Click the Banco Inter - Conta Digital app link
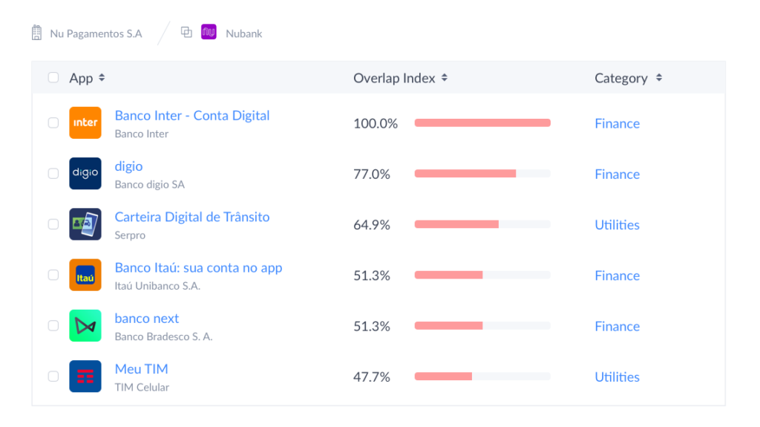[191, 116]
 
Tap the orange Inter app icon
[85, 123]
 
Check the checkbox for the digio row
[53, 173]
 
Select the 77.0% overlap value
[372, 174]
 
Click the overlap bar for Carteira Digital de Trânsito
[482, 224]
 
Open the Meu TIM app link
[141, 369]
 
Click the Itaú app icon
[85, 275]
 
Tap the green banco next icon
[85, 325]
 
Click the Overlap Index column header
[394, 78]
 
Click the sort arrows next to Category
[659, 78]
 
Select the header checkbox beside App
[53, 78]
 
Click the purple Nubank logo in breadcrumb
[209, 33]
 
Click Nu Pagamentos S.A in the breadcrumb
[96, 33]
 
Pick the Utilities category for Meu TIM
[617, 377]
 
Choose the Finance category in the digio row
[617, 174]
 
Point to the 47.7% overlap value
[372, 377]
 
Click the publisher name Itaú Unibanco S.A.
[157, 286]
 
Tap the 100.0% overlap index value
[375, 123]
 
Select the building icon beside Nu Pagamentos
[36, 33]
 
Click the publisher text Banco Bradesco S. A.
[163, 336]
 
